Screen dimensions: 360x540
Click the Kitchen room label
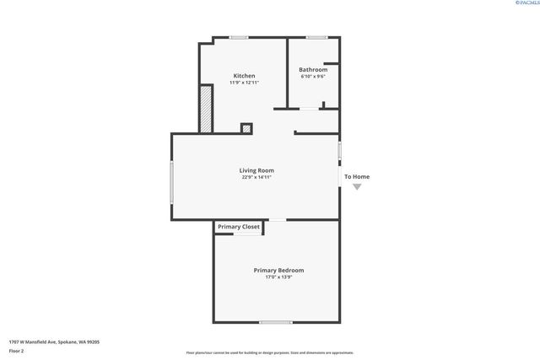point(244,76)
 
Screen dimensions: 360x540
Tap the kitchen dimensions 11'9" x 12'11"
point(244,83)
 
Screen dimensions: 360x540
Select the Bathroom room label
point(313,69)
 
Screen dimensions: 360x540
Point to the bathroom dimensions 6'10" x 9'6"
point(313,77)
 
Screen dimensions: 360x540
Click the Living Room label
point(255,170)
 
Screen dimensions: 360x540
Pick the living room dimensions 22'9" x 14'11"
point(255,177)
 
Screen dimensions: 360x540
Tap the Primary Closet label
point(239,227)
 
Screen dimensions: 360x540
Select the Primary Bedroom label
point(278,270)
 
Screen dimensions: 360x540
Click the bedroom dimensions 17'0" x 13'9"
point(278,277)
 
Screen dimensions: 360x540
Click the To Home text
point(356,176)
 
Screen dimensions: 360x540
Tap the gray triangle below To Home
point(357,186)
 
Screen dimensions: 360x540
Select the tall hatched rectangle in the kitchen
point(205,108)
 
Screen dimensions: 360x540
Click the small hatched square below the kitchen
point(246,128)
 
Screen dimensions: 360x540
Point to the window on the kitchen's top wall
point(240,37)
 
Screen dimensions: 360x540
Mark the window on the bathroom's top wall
point(316,37)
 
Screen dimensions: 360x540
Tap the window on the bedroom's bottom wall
point(275,322)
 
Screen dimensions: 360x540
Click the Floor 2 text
point(16,349)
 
